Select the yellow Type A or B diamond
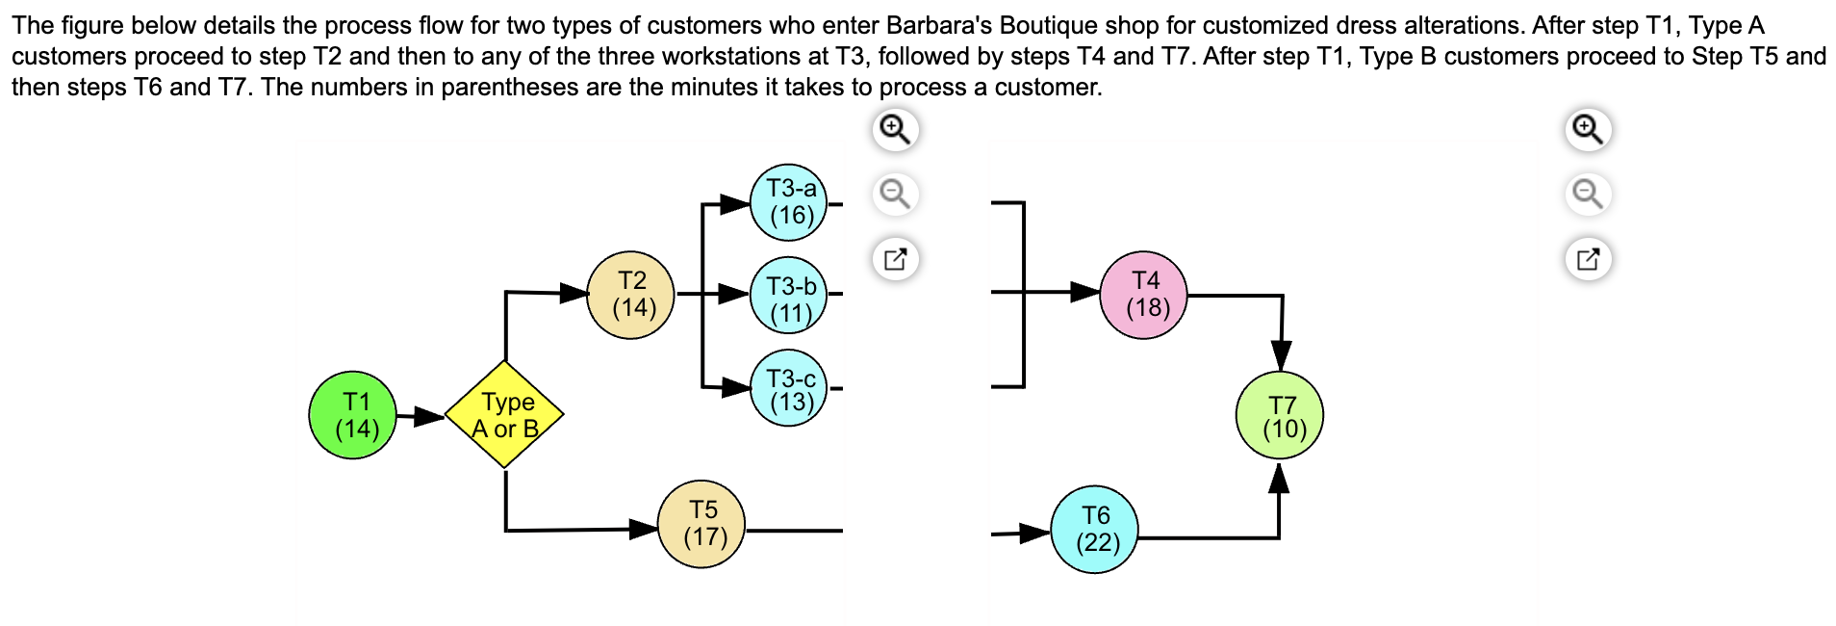tap(505, 415)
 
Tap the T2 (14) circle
tap(631, 295)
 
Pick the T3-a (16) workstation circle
tap(789, 202)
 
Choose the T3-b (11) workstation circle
tap(789, 296)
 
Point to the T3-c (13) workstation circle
tap(789, 388)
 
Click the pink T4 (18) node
tap(1144, 295)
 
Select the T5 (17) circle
tap(701, 524)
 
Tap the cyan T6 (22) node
tap(1095, 530)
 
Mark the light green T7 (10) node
tap(1280, 415)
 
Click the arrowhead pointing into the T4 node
tap(1085, 292)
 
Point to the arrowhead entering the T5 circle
tap(644, 529)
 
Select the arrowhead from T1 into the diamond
tap(429, 417)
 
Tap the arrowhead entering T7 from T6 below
tap(1279, 479)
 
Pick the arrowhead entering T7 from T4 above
tap(1281, 355)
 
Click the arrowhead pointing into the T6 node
tap(1035, 533)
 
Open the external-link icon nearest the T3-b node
tap(896, 259)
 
